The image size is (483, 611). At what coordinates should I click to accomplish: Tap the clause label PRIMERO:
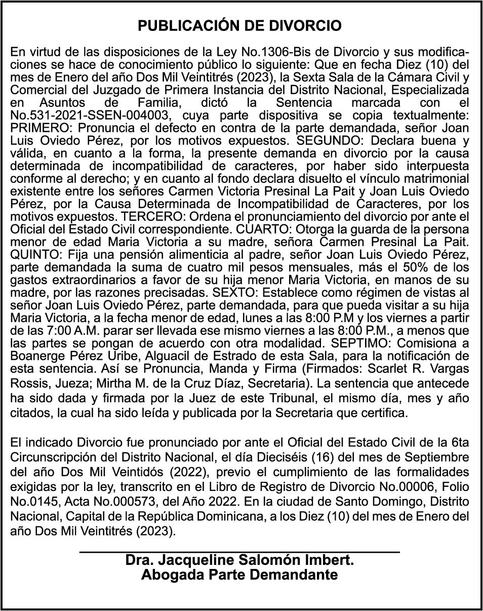pyautogui.click(x=35, y=128)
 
